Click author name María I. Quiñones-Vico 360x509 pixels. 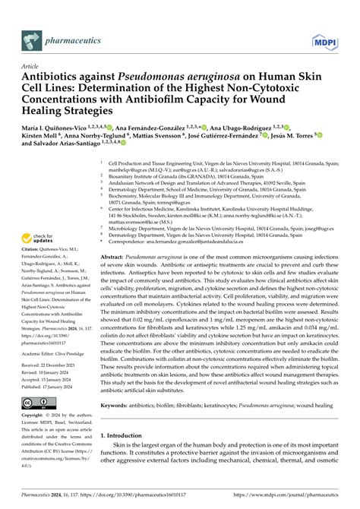point(56,129)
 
